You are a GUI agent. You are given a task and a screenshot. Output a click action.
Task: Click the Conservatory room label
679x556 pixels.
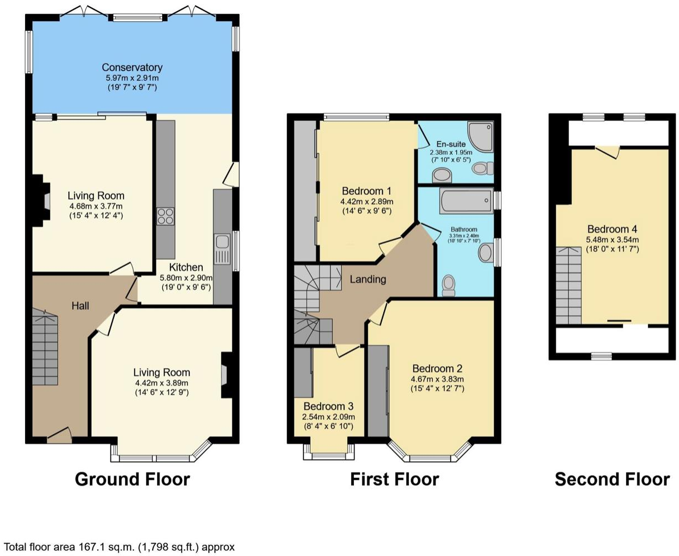click(132, 68)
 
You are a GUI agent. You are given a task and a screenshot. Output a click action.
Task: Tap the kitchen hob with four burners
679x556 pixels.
click(166, 216)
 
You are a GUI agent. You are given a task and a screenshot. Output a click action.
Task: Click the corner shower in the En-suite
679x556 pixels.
click(480, 136)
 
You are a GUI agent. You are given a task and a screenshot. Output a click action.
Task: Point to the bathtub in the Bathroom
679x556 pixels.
click(466, 201)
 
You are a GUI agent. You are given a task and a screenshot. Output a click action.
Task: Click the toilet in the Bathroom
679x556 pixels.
click(448, 285)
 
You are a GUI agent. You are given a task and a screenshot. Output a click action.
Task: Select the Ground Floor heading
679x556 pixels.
click(132, 479)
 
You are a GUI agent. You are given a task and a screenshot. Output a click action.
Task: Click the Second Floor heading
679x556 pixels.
click(612, 479)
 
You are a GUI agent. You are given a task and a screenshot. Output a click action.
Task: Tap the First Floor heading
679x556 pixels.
click(394, 479)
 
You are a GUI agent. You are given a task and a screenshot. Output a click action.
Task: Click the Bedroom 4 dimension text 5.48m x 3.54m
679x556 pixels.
click(612, 240)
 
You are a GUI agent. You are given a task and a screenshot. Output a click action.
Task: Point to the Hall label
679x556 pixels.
click(81, 306)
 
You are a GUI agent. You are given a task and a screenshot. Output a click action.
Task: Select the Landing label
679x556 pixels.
click(367, 279)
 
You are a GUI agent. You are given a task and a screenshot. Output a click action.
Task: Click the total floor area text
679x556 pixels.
click(119, 547)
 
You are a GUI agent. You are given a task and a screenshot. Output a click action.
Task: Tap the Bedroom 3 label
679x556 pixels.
click(328, 406)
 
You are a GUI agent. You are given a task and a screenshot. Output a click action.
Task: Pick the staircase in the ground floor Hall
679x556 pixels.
click(45, 348)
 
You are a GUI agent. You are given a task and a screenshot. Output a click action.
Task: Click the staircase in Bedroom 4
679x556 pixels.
click(568, 285)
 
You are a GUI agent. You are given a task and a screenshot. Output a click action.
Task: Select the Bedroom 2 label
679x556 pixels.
click(437, 369)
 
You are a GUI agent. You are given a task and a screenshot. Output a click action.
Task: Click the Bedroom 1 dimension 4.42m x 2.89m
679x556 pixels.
click(367, 201)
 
